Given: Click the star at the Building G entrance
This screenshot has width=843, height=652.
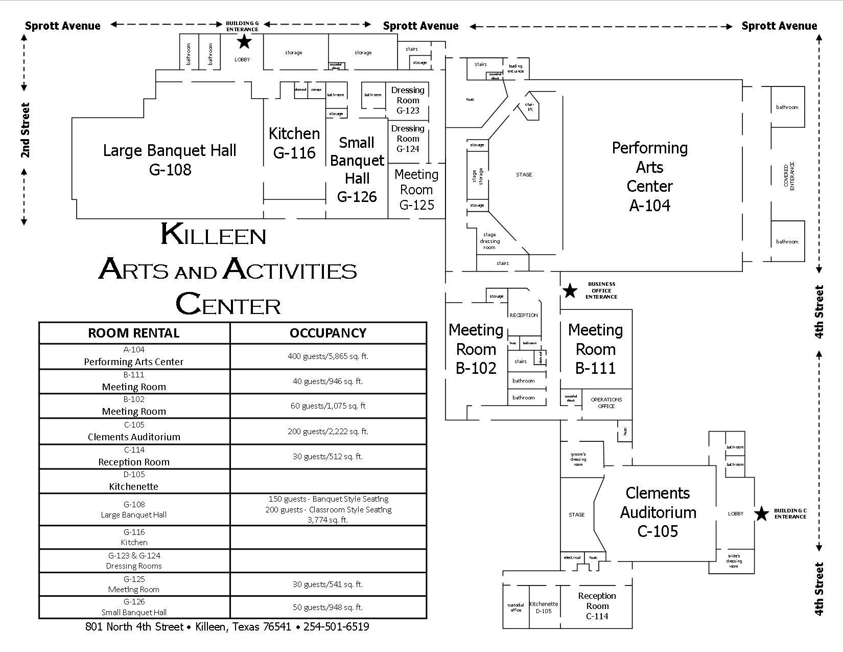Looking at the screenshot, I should (244, 41).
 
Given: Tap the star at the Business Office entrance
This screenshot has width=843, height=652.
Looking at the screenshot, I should (570, 290).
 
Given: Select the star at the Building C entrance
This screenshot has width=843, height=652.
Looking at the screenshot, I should (761, 513).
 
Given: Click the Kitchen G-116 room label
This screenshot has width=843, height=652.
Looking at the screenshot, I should (294, 143).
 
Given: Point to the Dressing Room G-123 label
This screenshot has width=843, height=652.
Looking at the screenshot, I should (408, 100).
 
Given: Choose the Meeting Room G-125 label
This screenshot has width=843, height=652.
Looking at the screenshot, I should (416, 190).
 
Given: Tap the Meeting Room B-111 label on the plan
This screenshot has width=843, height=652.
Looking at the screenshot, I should (595, 349).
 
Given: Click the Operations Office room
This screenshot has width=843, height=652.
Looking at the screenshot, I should (606, 403).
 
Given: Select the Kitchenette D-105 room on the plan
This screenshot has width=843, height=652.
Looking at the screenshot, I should (544, 608).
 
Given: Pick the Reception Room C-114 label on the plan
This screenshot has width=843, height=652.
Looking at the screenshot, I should (597, 606).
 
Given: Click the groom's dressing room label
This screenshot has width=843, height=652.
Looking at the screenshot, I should (578, 459).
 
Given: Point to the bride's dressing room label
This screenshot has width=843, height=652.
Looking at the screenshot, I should (734, 561).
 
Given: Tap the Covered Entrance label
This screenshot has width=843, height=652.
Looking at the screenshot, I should (789, 176).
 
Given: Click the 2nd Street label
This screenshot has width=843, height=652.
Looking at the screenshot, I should (25, 130).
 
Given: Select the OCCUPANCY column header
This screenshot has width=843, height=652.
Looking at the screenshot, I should (328, 333).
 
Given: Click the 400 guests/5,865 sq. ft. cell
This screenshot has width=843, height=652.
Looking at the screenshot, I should (328, 356).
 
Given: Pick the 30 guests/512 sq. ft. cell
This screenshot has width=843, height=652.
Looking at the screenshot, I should (328, 456).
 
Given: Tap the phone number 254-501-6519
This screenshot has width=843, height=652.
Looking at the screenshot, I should (336, 627).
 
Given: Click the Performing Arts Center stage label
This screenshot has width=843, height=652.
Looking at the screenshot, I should (524, 175).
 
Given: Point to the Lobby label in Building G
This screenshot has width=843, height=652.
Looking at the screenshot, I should (242, 60).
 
